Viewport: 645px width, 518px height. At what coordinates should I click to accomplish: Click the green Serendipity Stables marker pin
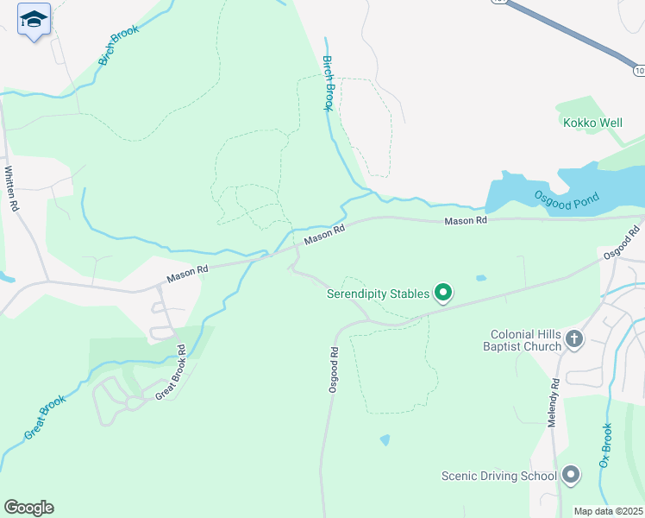(443, 294)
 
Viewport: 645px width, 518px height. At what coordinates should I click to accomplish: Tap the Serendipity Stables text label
(378, 294)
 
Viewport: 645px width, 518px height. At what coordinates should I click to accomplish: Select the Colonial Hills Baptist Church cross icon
(575, 340)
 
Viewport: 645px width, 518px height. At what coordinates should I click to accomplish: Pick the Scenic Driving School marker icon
(569, 475)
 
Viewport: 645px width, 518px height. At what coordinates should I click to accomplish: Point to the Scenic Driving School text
(498, 476)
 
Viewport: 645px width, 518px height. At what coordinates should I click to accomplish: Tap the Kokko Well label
(592, 123)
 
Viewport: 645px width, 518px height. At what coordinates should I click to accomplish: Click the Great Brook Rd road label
(170, 372)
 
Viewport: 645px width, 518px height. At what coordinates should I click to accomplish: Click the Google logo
(28, 507)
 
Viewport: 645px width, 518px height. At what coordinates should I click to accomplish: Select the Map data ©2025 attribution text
(609, 511)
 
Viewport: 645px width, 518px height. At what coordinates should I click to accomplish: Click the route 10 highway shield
(637, 69)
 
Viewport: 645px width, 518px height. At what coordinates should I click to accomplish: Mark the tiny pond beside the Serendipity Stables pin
(479, 278)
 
